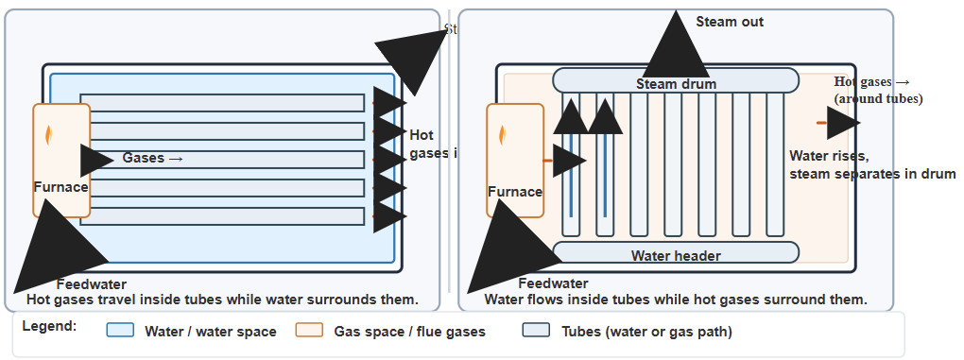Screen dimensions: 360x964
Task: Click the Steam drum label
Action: pyautogui.click(x=676, y=84)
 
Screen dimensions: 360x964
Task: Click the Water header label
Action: pyautogui.click(x=676, y=256)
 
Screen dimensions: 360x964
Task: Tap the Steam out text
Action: pyautogui.click(x=730, y=22)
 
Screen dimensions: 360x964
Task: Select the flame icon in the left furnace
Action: pyautogui.click(x=50, y=134)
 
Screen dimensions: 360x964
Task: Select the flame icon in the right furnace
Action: pyautogui.click(x=503, y=135)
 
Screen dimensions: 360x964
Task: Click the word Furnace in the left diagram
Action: pyautogui.click(x=61, y=187)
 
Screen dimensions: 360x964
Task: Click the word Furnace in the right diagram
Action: pyautogui.click(x=515, y=192)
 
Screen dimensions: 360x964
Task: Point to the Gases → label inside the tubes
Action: pyautogui.click(x=152, y=158)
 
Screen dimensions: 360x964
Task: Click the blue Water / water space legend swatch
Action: pyautogui.click(x=120, y=332)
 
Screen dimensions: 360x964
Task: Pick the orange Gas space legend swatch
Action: pyautogui.click(x=309, y=332)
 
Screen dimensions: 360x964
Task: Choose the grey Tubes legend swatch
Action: pyautogui.click(x=536, y=332)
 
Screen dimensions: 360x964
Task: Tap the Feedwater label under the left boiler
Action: pyautogui.click(x=92, y=284)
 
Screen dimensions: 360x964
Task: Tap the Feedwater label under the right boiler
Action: pyautogui.click(x=554, y=283)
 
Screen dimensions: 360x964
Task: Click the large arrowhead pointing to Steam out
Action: pyautogui.click(x=675, y=47)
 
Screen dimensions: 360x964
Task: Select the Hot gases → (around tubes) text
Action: pyautogui.click(x=876, y=90)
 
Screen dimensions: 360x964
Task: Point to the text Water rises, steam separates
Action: pyautogui.click(x=871, y=165)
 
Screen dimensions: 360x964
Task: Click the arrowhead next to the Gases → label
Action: pyautogui.click(x=95, y=161)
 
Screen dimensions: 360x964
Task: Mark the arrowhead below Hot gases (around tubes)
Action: pyautogui.click(x=844, y=123)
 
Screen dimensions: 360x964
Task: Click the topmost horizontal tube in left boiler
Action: pyautogui.click(x=222, y=103)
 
